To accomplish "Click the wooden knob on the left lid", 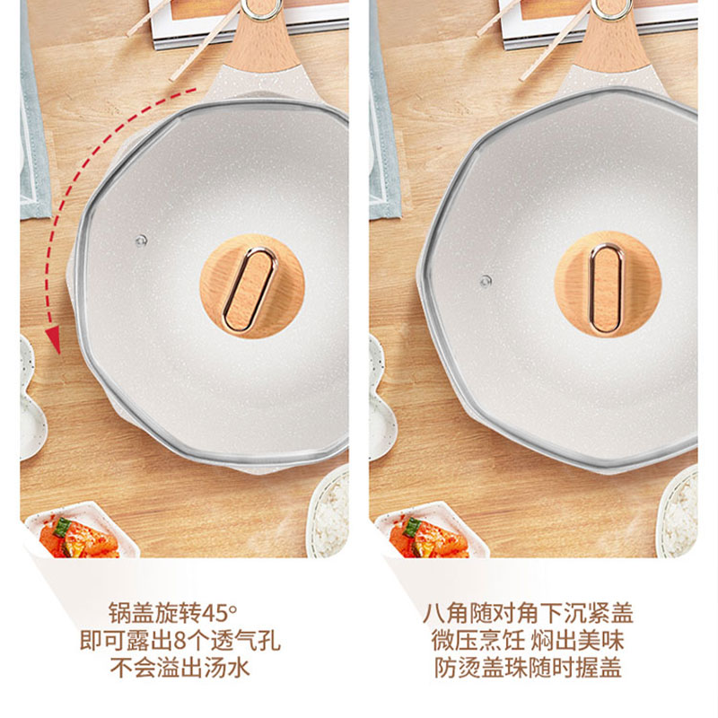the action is [x=252, y=286].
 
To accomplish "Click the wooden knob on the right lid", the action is [x=608, y=285].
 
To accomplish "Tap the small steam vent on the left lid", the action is [x=141, y=240].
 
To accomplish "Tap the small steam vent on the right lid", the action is [x=486, y=281].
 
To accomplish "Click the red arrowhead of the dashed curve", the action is [x=54, y=339].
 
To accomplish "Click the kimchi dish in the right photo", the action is [x=432, y=532].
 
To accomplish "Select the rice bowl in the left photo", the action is [x=328, y=512].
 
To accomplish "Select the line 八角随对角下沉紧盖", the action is [x=528, y=613].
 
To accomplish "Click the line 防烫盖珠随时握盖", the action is [x=528, y=667].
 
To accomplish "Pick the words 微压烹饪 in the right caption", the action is [x=477, y=640].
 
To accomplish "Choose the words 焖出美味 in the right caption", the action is [x=577, y=640].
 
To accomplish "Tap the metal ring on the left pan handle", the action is [x=261, y=9].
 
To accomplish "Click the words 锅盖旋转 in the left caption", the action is [x=154, y=613].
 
